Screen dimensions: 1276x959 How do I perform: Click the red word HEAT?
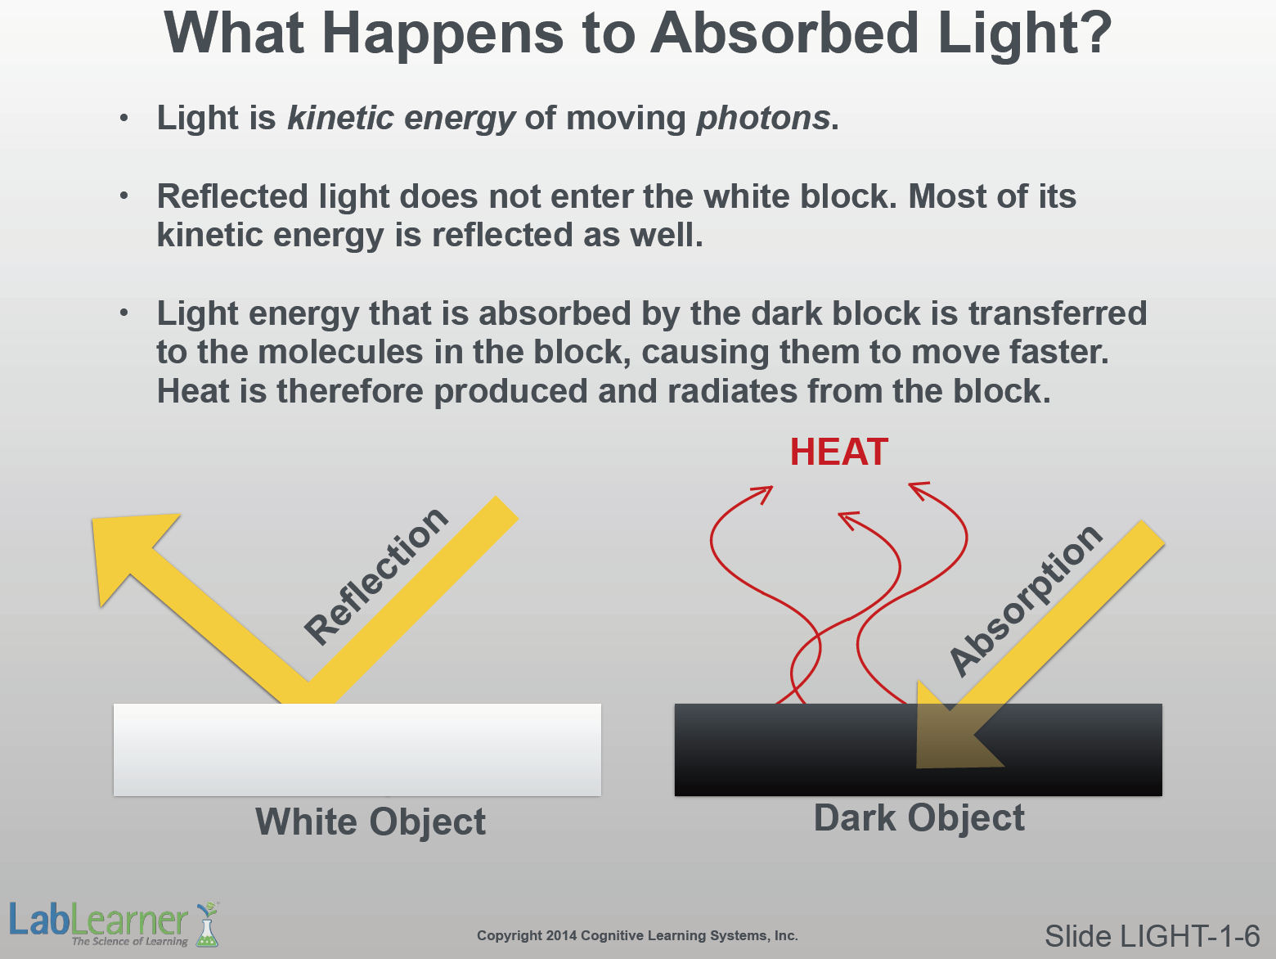click(x=839, y=452)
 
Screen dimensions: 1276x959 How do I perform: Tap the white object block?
click(x=357, y=749)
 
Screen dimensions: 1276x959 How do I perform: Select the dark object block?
click(x=918, y=749)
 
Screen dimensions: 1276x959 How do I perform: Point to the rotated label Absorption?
click(x=1026, y=600)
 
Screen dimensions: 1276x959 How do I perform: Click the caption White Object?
click(x=371, y=822)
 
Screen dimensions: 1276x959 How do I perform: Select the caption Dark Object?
click(x=919, y=817)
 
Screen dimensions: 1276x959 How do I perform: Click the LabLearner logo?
click(x=114, y=924)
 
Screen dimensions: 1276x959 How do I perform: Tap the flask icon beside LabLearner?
click(x=207, y=925)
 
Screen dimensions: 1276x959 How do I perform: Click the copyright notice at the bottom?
click(x=637, y=935)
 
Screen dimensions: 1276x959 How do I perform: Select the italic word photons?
click(x=763, y=118)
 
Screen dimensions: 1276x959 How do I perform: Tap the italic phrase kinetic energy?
click(x=401, y=118)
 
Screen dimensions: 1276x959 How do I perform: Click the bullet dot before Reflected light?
click(x=124, y=196)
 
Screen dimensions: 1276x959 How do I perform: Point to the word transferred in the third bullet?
click(x=1058, y=313)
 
